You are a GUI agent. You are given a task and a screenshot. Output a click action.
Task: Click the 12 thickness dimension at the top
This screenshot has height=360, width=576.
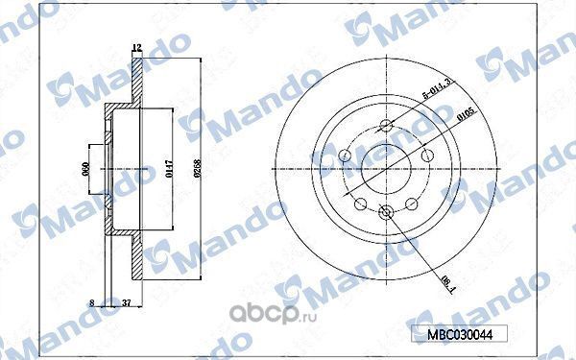[136, 47]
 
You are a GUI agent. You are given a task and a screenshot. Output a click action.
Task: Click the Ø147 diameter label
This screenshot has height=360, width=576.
[167, 171]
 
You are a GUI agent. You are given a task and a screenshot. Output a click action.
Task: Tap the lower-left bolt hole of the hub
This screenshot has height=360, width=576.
[360, 203]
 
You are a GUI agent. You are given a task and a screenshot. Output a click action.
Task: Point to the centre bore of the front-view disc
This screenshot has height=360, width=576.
[386, 171]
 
